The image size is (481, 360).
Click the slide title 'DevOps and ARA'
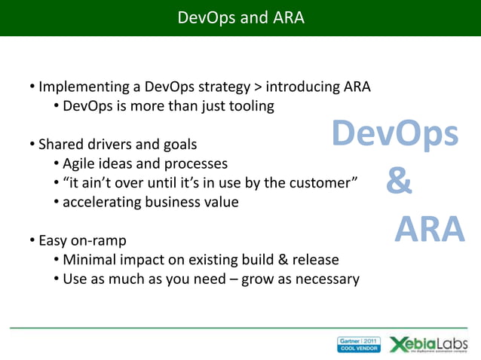point(240,17)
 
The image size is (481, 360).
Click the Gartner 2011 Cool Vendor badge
point(359,344)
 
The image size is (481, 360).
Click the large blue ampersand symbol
point(399,182)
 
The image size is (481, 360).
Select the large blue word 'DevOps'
point(395,135)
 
